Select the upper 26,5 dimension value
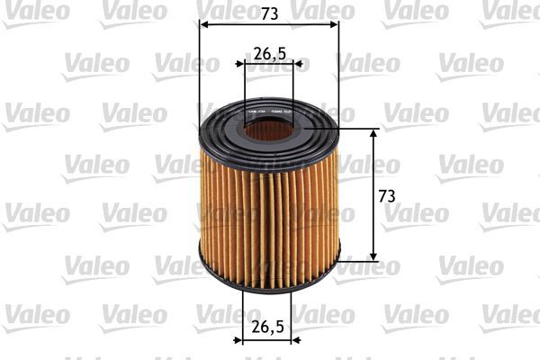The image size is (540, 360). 270,53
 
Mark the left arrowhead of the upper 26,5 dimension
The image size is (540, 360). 239,65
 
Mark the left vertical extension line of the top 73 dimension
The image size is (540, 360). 197,72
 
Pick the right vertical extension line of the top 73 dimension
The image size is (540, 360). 339,72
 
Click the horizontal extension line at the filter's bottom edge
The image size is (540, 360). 360,261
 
